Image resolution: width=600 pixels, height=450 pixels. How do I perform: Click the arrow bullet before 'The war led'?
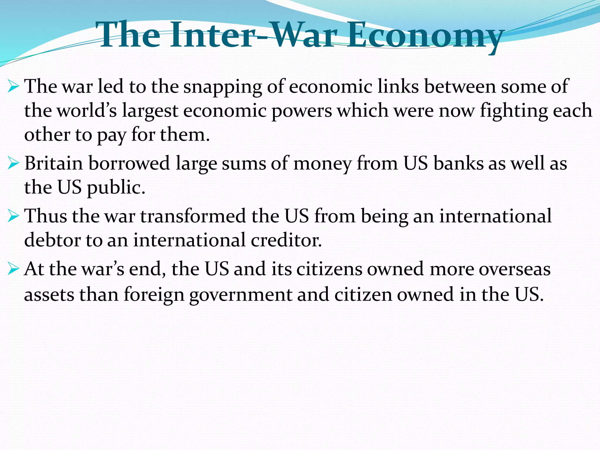coord(13,87)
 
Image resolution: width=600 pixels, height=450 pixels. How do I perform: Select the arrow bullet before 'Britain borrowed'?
coord(13,163)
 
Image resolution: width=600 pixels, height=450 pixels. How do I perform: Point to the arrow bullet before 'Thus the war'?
coord(13,216)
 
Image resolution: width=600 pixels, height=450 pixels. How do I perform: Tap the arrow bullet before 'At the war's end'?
coord(13,269)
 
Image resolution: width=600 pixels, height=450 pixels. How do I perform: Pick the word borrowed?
coord(129,163)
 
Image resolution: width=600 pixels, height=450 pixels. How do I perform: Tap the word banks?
coord(458,163)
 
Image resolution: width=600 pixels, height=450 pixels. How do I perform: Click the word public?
coord(116,188)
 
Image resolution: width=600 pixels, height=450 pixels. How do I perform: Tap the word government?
coord(241,295)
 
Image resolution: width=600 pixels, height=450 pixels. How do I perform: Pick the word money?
coord(322,164)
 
